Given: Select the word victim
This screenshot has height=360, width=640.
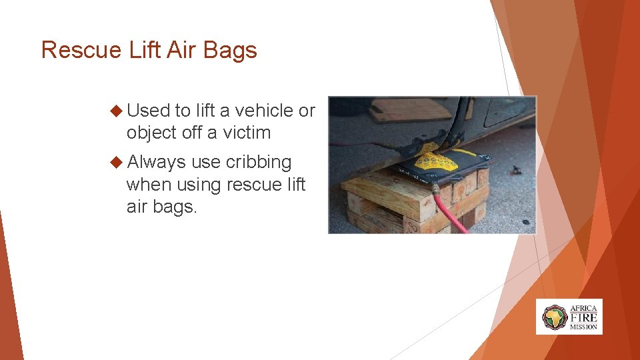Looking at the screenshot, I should tap(246, 133).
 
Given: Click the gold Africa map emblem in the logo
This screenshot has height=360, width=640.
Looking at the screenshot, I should tap(554, 317).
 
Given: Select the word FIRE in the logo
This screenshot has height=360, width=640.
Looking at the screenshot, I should tap(584, 317).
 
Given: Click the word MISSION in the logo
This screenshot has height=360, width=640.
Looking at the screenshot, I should tap(584, 327).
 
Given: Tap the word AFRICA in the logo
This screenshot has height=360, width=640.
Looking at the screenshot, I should tap(584, 309).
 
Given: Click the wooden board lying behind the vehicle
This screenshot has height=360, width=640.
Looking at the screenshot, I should tap(400, 109).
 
